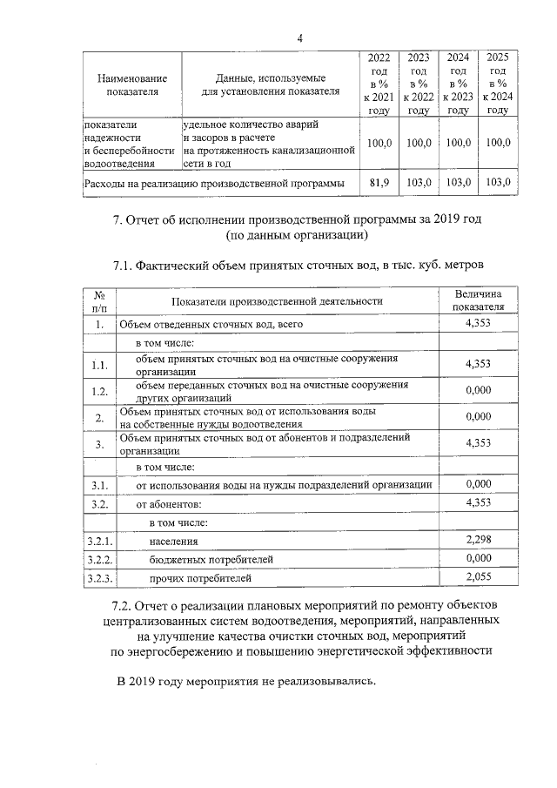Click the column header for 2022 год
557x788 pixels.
(379, 83)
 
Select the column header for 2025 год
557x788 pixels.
(497, 83)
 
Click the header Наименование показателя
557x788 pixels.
(132, 84)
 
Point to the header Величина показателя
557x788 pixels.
(479, 301)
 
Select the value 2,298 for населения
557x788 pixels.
(479, 541)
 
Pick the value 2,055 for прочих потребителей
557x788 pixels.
(479, 576)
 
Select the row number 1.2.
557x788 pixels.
(100, 391)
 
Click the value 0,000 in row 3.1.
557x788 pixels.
(479, 484)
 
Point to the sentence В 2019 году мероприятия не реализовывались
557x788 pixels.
(246, 680)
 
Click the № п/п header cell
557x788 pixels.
(100, 301)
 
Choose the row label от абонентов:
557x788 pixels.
(169, 504)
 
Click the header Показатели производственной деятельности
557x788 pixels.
(278, 301)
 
